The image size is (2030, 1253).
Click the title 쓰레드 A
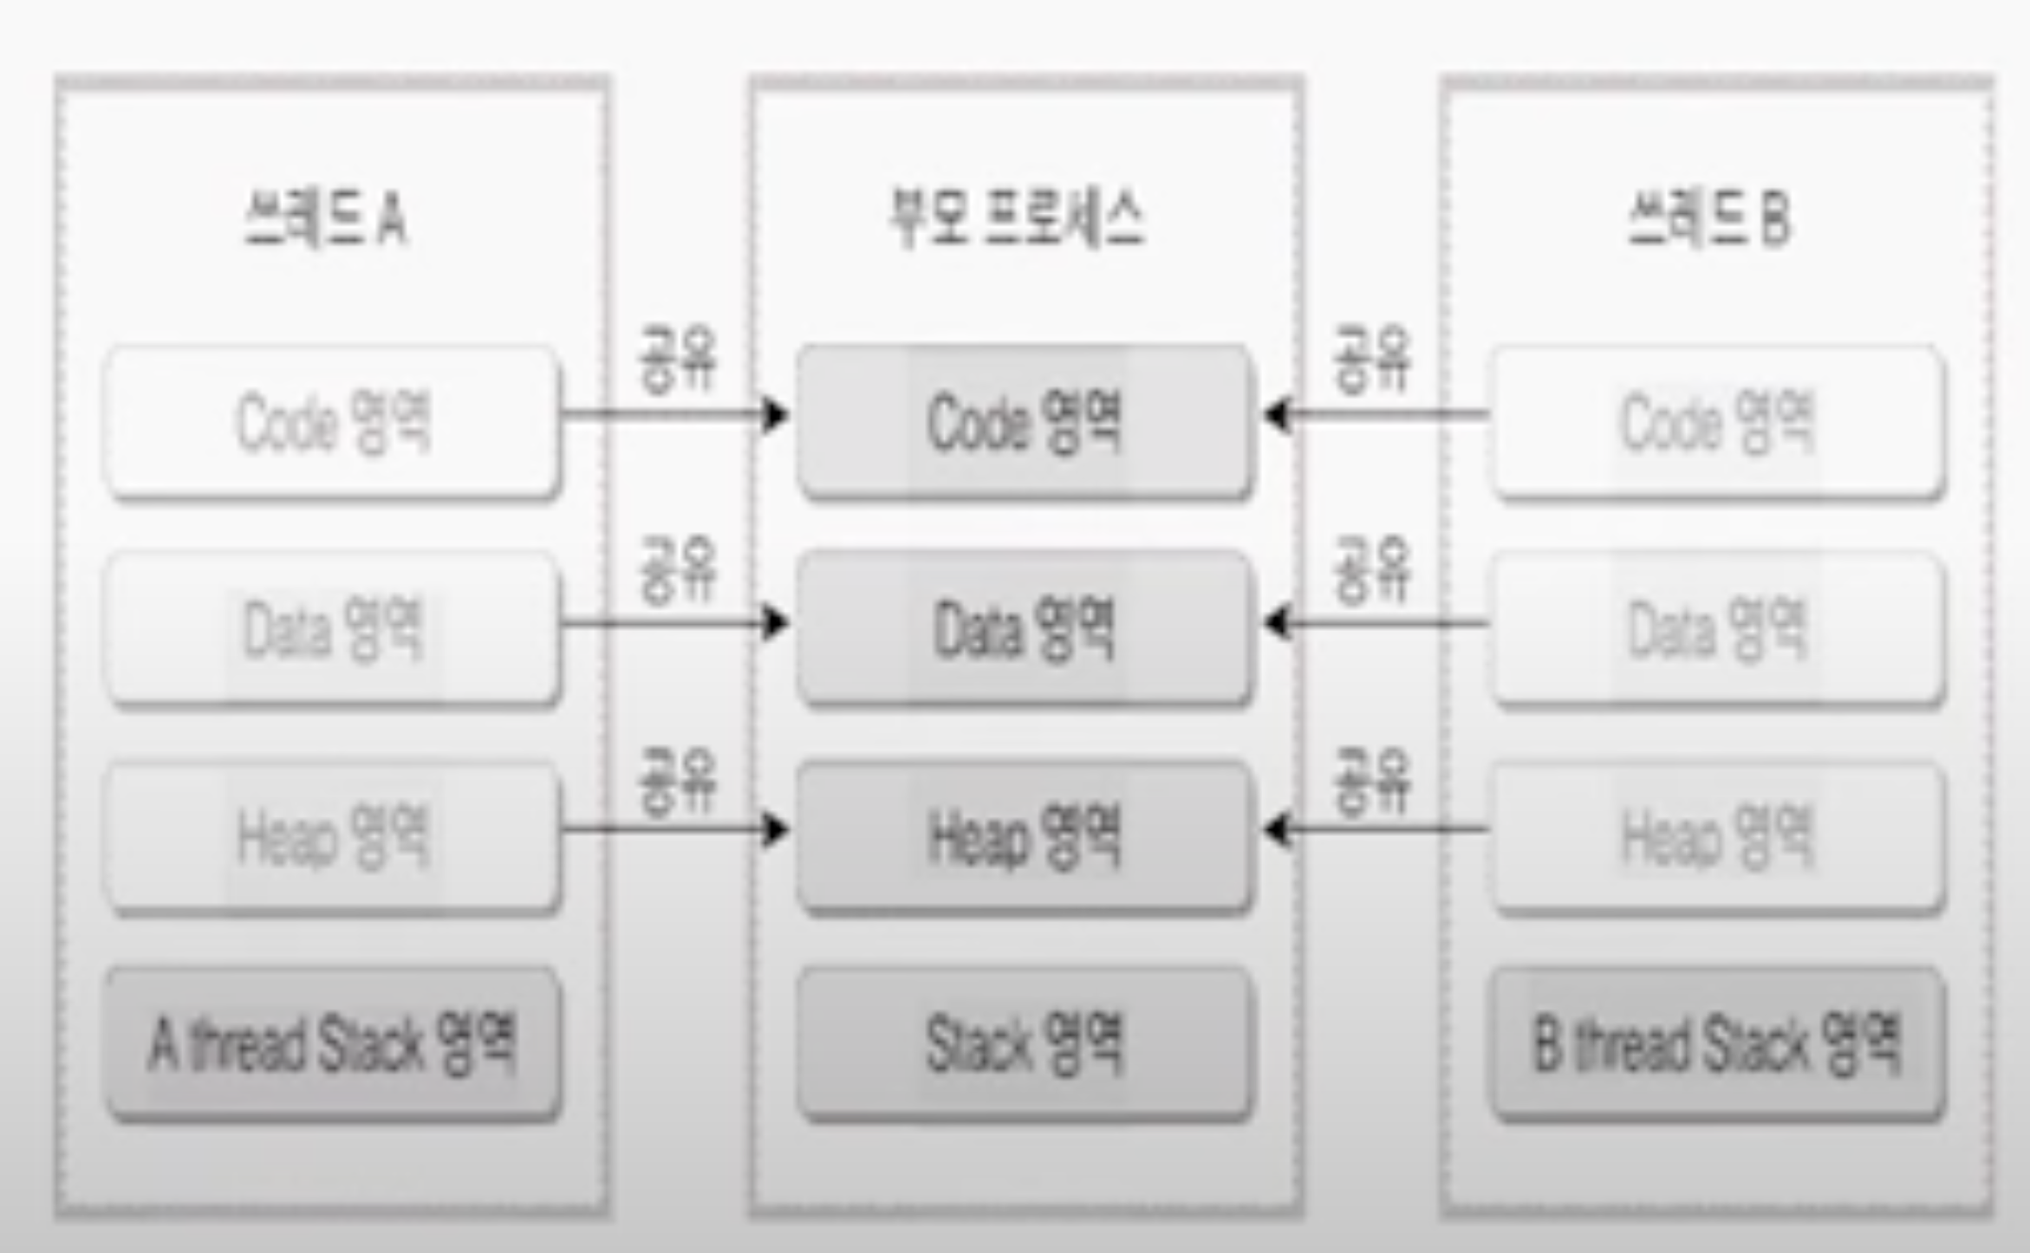[325, 219]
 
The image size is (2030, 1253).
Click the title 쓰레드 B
[1709, 219]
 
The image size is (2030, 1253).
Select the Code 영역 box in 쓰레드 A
[333, 422]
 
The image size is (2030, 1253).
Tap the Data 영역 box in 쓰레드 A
[333, 629]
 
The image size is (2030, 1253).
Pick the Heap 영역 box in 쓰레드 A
[333, 836]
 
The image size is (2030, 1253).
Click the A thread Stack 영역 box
[333, 1043]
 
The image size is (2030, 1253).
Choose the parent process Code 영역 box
[1024, 422]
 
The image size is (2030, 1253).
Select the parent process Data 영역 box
[1024, 629]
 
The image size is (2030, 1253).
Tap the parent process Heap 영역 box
[1024, 836]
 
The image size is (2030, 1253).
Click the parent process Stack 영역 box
[1024, 1043]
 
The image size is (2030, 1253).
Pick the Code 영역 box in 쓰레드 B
[1717, 422]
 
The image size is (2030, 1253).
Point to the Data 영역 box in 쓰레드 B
[1717, 629]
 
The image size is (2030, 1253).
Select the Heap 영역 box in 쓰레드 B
[1717, 836]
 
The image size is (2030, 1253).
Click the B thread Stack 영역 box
[1717, 1043]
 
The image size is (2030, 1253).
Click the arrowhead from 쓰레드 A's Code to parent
[775, 414]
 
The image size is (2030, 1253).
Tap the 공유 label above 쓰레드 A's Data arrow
[678, 569]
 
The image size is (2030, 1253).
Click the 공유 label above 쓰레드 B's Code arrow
[1372, 358]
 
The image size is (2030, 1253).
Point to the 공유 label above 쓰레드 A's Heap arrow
[678, 781]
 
